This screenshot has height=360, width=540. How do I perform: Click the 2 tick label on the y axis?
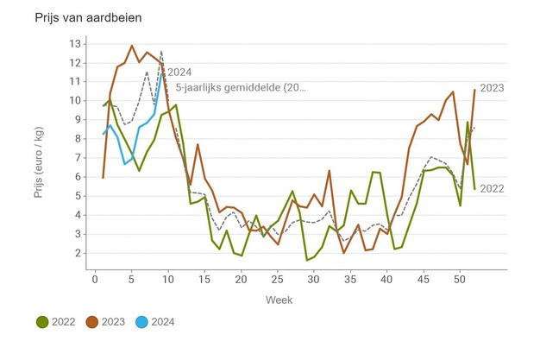(x=78, y=253)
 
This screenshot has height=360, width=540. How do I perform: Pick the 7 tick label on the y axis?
(x=78, y=158)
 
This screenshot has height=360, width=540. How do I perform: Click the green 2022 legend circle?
(x=42, y=323)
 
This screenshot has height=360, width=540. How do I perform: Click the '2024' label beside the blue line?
(x=179, y=73)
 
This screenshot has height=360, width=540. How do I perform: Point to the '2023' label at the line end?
(x=492, y=87)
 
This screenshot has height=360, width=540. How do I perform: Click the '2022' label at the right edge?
(x=492, y=188)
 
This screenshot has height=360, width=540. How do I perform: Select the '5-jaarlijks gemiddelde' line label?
(x=241, y=88)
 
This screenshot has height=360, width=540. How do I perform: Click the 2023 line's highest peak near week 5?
(x=132, y=46)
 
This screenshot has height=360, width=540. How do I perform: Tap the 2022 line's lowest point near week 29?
(x=306, y=260)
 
